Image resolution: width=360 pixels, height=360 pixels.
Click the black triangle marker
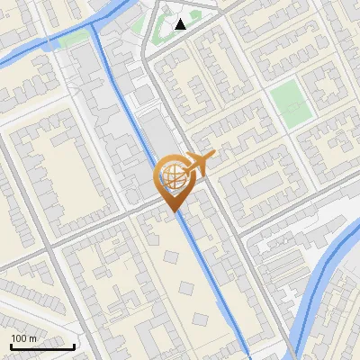181,24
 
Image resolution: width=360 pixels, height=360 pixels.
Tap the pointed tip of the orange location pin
172,211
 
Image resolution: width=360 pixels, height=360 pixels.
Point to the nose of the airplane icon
212,157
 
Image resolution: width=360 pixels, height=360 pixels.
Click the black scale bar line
41,346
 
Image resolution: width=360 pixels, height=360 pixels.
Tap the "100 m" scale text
23,338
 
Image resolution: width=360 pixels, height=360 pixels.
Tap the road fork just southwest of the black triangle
148,56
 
